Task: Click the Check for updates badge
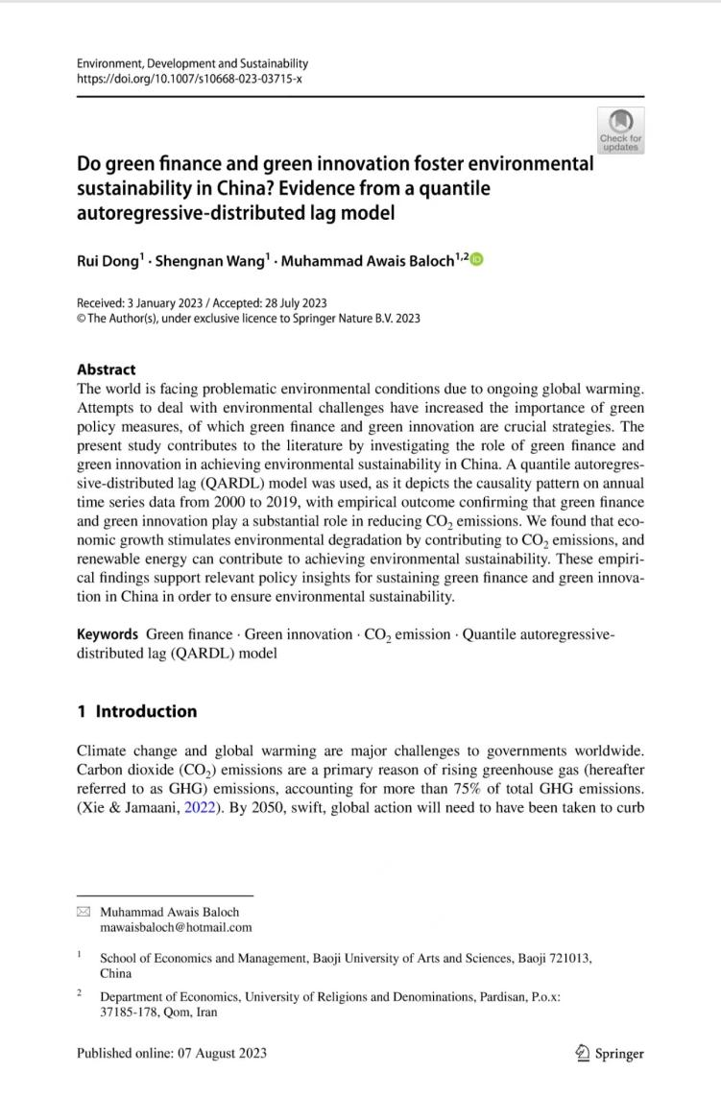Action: pos(620,130)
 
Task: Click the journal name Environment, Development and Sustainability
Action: pos(192,63)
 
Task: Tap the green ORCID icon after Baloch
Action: pos(477,259)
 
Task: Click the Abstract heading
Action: pos(107,369)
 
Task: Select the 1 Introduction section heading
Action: pos(137,711)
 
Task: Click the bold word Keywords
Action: pos(108,634)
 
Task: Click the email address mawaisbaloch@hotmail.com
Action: pos(176,927)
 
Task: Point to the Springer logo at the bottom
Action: pos(610,1052)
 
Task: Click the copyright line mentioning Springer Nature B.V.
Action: pos(248,319)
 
